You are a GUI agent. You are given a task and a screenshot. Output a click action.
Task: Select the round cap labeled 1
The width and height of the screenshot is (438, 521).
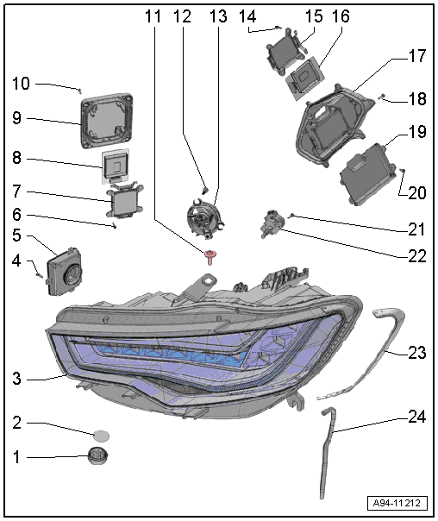click(98, 455)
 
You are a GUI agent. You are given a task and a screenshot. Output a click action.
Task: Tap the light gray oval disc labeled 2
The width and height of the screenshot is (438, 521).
click(101, 436)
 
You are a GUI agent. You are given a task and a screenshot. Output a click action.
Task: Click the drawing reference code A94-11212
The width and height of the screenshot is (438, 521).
click(397, 503)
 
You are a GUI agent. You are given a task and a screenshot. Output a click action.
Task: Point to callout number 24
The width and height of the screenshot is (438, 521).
click(416, 417)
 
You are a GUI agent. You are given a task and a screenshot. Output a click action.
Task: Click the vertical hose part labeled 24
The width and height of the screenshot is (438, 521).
click(328, 452)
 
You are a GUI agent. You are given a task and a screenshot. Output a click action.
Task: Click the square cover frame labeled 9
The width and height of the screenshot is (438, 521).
click(107, 122)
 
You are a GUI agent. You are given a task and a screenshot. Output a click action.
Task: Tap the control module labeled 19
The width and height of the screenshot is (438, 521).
click(369, 174)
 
